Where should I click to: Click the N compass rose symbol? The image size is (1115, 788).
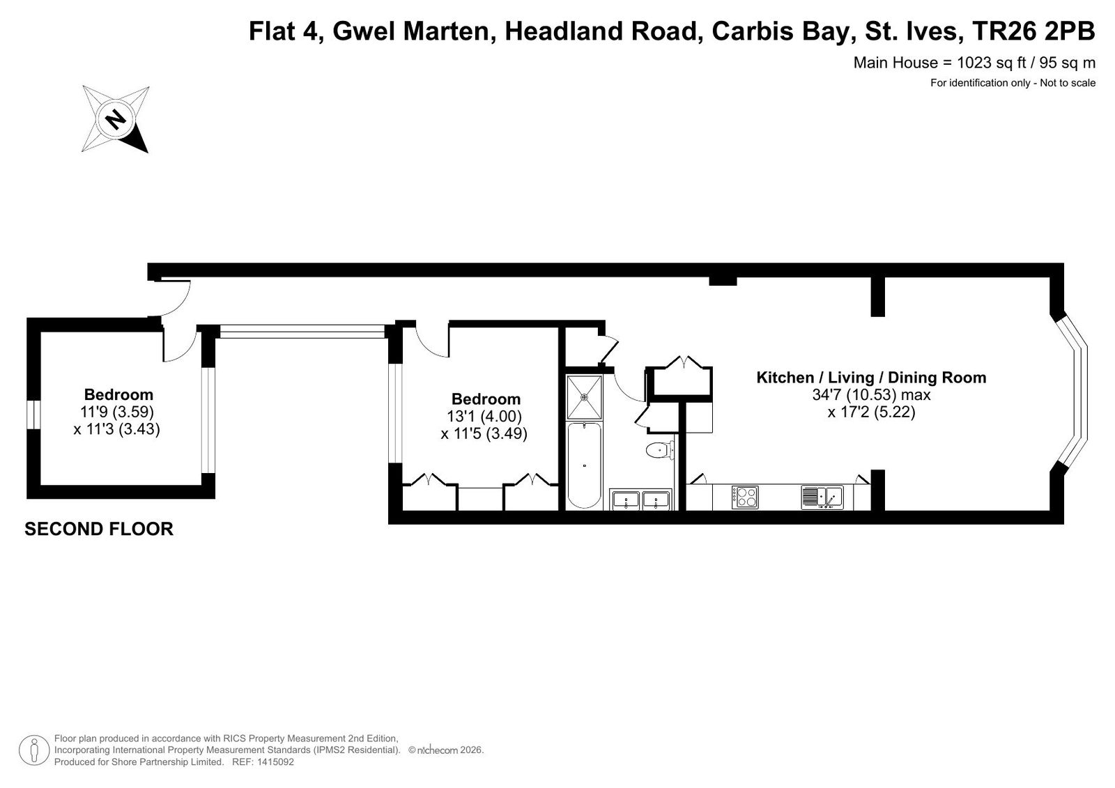coord(116,119)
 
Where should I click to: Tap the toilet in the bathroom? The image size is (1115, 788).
coord(660,450)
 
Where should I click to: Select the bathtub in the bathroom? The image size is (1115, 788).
coord(584,465)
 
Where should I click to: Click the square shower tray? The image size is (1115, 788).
coord(585,397)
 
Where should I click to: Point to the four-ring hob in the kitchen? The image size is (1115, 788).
coord(745,497)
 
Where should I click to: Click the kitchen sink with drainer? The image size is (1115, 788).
coord(822,497)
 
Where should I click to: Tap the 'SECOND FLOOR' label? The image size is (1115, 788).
coord(99,529)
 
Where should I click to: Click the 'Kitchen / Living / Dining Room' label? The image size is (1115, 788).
coord(871,378)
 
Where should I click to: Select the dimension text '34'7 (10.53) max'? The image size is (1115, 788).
coord(872,395)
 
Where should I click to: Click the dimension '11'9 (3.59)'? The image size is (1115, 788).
coord(118,412)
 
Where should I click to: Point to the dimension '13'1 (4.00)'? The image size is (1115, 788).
coord(485,416)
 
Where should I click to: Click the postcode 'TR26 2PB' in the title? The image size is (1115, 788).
coord(1033,31)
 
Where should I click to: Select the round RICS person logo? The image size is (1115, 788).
coord(34,750)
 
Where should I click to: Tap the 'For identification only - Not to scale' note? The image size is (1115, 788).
coord(1013,83)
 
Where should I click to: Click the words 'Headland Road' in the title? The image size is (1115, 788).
coord(600,31)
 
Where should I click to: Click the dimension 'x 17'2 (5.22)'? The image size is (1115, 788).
coord(872,412)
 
